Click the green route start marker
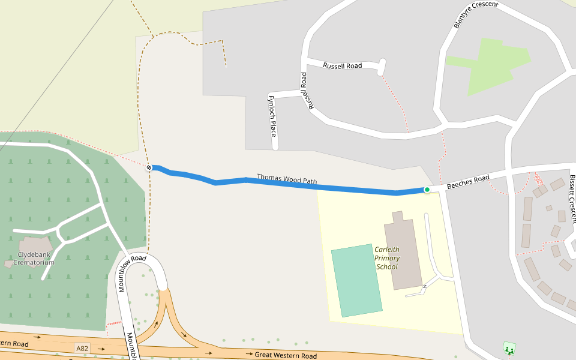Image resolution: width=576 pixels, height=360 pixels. pyautogui.click(x=427, y=190)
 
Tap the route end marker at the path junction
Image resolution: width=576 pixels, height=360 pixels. pyautogui.click(x=149, y=167)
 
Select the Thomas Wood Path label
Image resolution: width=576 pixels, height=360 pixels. pyautogui.click(x=287, y=179)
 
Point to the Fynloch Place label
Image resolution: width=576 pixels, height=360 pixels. pyautogui.click(x=272, y=115)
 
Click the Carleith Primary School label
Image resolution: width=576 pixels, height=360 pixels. pyautogui.click(x=387, y=258)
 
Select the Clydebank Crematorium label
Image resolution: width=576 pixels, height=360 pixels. pyautogui.click(x=36, y=259)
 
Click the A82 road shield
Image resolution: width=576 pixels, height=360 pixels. pyautogui.click(x=82, y=348)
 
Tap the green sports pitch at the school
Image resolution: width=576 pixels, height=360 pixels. pyautogui.click(x=356, y=280)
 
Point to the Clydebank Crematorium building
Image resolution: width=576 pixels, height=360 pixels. pyautogui.click(x=36, y=245)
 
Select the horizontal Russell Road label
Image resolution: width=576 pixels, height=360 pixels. pyautogui.click(x=343, y=65)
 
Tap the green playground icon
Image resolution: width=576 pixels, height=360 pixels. pyautogui.click(x=509, y=348)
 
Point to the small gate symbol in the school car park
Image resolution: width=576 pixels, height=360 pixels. pyautogui.click(x=424, y=287)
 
